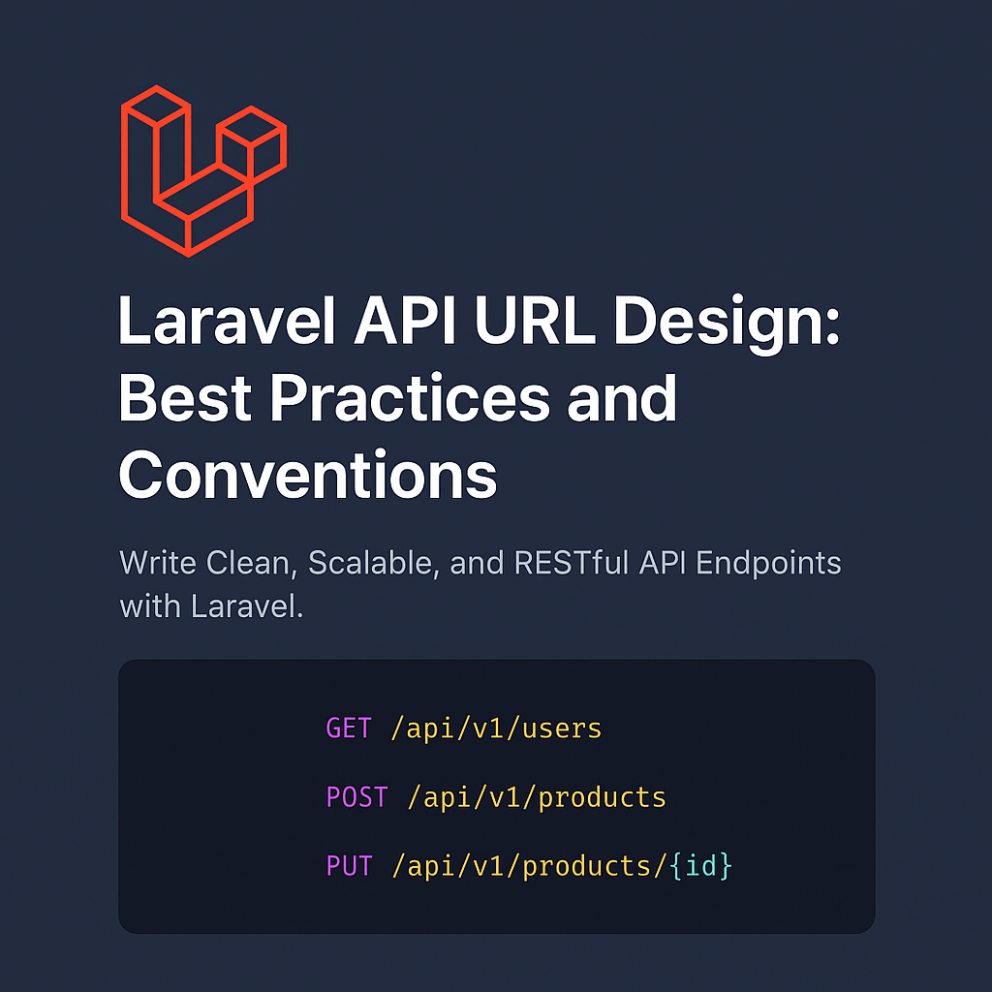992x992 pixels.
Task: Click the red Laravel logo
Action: [202, 170]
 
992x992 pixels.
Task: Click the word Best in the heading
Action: [184, 398]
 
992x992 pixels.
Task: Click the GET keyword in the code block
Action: [349, 728]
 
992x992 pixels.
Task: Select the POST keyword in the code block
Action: [356, 797]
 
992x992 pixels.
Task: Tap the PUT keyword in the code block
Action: [349, 866]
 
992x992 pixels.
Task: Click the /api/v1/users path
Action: [496, 728]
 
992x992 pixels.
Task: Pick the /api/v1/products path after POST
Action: [537, 797]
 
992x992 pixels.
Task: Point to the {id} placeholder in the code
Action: [700, 866]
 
